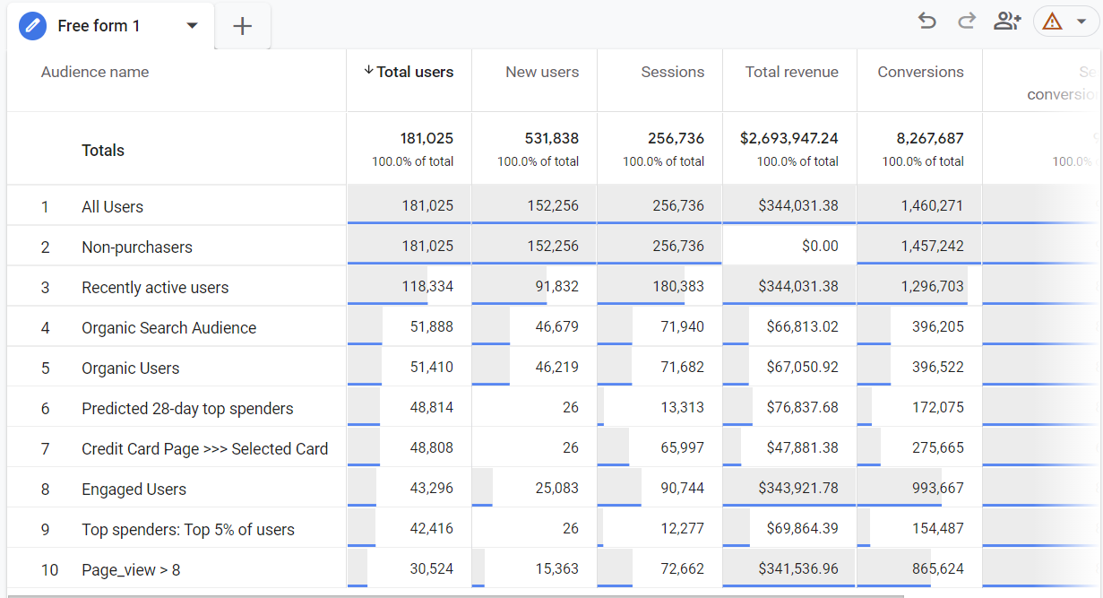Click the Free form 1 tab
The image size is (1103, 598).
point(99,26)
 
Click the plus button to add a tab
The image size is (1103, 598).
point(242,26)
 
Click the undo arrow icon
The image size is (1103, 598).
point(927,21)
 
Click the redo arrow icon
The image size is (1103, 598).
point(967,21)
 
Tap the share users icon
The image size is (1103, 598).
point(1007,21)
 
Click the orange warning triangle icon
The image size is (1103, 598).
point(1052,21)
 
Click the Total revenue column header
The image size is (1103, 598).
point(791,72)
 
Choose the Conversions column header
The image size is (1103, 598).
point(920,72)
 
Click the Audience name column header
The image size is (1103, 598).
point(95,72)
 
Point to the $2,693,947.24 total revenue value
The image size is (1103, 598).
point(788,138)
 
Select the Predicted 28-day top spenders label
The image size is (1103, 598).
point(187,408)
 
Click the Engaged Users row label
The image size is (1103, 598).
point(134,489)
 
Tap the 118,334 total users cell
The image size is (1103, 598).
point(427,287)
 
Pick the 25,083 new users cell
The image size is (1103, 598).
point(554,489)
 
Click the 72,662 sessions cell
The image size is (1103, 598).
point(677,569)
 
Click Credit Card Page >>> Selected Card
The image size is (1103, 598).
point(204,448)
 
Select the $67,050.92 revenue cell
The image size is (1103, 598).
point(802,368)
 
